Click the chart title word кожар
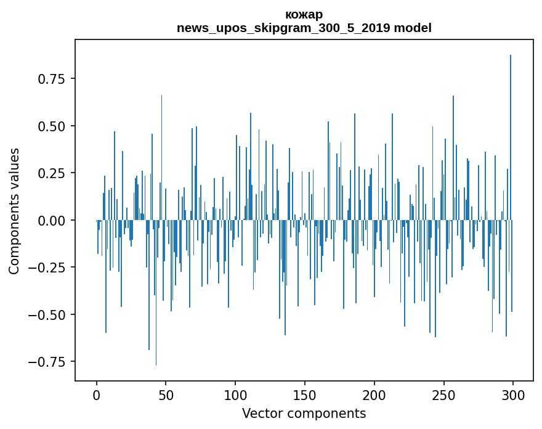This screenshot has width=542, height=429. coord(304,14)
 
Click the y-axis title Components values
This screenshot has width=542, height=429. coord(14,211)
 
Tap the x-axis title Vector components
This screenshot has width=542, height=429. coord(304,414)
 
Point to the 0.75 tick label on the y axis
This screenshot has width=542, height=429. coord(52,79)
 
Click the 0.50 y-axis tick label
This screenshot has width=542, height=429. coord(52,126)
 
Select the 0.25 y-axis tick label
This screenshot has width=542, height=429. coord(52,173)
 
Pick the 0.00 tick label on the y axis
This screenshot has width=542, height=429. coord(52,220)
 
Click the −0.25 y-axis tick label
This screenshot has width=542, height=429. coord(48,268)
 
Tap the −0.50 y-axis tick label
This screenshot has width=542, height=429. coord(48,314)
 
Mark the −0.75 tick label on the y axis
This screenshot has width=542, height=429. coord(48,362)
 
